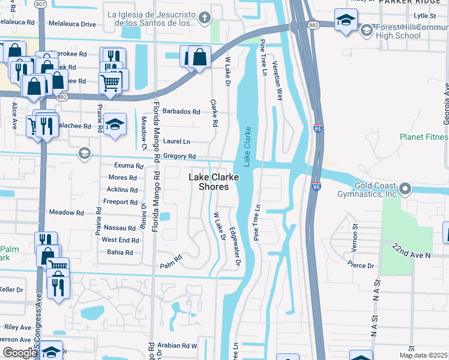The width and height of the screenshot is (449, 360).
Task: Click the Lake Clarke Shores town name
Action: click(x=213, y=182)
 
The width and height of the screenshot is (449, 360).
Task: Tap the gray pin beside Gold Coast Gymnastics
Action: click(x=405, y=189)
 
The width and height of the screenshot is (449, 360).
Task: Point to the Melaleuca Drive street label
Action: click(x=72, y=24)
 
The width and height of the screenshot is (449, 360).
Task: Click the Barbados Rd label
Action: click(x=181, y=112)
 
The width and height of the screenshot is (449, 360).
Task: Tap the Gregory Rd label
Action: click(x=179, y=157)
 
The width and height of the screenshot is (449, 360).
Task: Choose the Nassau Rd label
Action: click(x=120, y=228)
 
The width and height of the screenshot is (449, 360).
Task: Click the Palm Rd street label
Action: click(x=170, y=265)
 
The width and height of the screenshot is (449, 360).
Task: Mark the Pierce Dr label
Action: click(x=361, y=265)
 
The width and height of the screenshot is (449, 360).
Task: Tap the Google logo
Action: click(x=20, y=353)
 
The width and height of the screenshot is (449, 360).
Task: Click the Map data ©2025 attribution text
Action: click(x=423, y=355)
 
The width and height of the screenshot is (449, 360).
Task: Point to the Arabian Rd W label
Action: click(x=178, y=346)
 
